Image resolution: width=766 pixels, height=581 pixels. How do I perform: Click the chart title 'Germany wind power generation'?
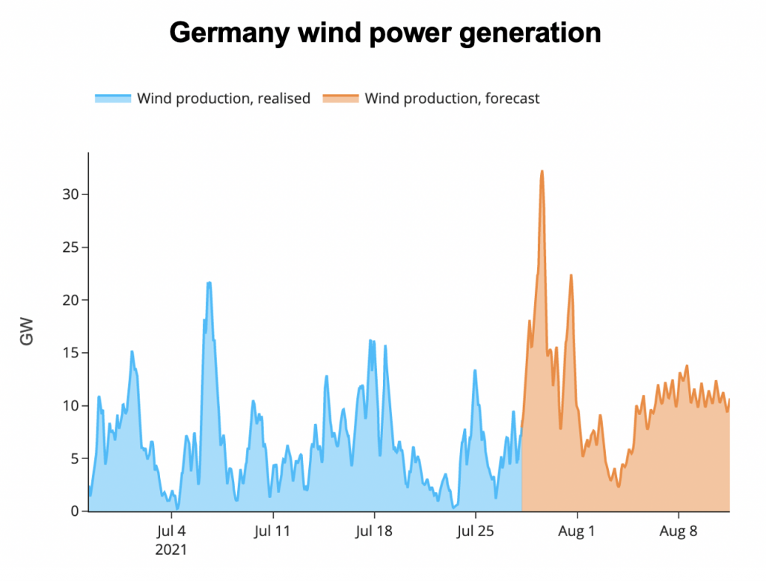[384, 33]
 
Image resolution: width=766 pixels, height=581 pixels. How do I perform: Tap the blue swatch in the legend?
[113, 99]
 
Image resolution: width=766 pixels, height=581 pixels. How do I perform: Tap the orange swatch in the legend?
[340, 99]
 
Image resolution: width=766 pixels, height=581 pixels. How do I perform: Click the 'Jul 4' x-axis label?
[172, 532]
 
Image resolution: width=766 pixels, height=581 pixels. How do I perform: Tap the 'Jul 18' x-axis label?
[374, 532]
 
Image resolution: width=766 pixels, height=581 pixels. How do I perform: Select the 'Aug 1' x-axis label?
[577, 532]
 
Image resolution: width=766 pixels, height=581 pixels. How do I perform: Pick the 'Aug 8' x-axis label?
[678, 532]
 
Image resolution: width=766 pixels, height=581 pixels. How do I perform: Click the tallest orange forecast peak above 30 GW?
[542, 172]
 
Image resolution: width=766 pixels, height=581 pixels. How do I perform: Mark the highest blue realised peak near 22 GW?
[209, 283]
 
